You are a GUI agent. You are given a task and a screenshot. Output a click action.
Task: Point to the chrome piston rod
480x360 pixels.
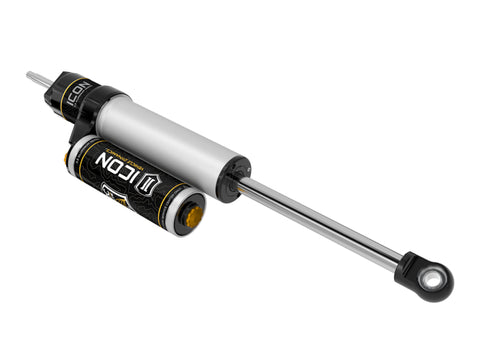coord(320,222)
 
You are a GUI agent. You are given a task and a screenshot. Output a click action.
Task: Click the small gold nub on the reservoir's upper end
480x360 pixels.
coord(67,157)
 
